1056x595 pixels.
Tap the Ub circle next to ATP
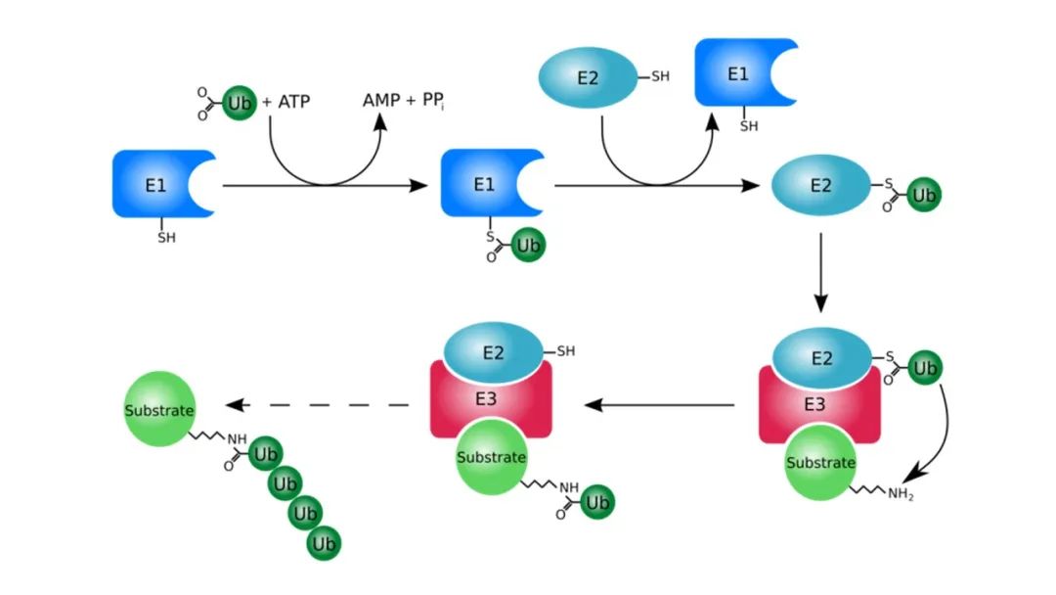240,103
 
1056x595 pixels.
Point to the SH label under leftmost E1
167,237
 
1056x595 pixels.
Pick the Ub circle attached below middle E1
528,245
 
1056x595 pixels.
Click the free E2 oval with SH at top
588,77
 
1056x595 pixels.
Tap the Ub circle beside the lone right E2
923,195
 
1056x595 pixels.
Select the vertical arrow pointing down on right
821,270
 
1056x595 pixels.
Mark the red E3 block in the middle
491,398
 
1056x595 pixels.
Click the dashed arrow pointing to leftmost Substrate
313,405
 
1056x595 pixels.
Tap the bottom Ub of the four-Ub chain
324,543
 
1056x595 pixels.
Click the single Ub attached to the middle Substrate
597,502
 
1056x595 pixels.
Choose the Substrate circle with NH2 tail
820,463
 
